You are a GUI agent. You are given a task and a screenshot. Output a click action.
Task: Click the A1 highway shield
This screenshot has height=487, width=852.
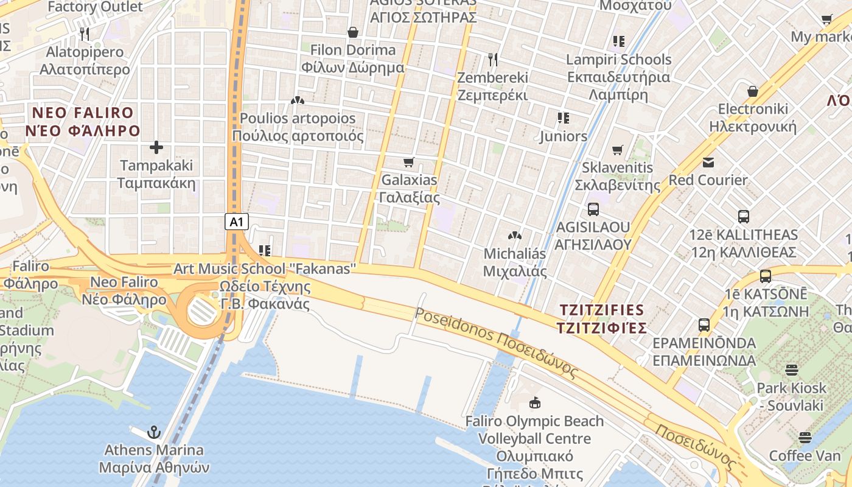click(237, 222)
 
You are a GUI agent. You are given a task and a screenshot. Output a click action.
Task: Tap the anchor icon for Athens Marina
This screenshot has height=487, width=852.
click(155, 432)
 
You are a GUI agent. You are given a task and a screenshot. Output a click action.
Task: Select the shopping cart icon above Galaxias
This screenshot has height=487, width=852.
click(409, 162)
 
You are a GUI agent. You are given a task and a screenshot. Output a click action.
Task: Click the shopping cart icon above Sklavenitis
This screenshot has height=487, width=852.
click(618, 150)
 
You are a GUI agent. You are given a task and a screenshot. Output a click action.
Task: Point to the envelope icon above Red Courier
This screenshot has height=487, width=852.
click(708, 163)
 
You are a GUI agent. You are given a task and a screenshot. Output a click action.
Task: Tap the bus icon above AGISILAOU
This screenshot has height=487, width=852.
click(593, 209)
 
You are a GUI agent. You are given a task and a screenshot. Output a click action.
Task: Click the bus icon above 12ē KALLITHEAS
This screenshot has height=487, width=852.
click(743, 217)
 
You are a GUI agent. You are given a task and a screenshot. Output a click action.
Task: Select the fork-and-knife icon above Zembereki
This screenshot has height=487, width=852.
click(493, 60)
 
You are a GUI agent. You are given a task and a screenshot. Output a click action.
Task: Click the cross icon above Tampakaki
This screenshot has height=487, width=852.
click(156, 147)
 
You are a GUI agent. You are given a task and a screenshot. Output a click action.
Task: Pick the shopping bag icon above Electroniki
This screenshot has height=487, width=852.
click(753, 91)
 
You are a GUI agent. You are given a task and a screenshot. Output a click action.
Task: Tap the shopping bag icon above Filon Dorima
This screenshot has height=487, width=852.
click(353, 32)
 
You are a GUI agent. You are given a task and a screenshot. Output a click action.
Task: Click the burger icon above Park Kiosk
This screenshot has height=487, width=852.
click(792, 370)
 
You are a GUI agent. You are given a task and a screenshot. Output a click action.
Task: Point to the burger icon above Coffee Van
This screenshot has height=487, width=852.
click(806, 438)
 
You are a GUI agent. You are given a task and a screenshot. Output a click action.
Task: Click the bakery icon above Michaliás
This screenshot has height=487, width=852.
click(515, 235)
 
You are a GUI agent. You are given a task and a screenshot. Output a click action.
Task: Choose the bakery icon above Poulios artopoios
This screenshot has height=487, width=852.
click(298, 100)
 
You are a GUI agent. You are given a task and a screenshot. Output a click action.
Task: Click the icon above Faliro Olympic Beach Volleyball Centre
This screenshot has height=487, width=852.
click(535, 402)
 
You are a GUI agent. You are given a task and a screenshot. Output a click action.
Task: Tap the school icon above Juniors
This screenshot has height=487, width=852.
click(564, 117)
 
